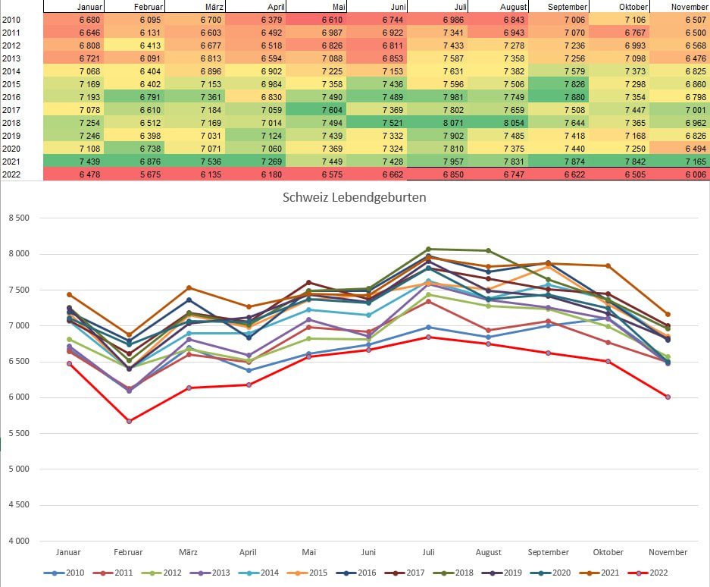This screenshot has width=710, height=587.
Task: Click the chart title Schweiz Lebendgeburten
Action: coord(355,197)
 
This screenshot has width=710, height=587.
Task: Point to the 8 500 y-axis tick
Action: coord(18,218)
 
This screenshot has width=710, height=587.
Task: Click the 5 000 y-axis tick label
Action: coord(18,469)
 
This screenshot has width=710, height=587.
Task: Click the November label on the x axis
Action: coord(668,553)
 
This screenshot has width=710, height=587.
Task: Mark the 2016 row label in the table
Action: coord(11,97)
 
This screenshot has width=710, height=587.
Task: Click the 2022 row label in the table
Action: coord(11,174)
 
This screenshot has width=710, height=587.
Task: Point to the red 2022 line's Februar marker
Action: coord(129,421)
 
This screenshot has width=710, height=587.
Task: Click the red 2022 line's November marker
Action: coord(668,397)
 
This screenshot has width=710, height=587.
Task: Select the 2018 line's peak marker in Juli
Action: coord(428,249)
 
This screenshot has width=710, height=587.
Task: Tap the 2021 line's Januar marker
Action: coord(70,294)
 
